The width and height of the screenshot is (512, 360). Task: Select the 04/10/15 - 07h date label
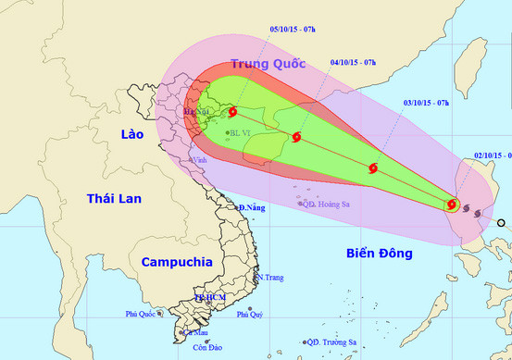[x=353, y=63]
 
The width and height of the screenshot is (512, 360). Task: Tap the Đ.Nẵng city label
[x=252, y=208]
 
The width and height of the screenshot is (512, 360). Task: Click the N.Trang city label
[x=270, y=278]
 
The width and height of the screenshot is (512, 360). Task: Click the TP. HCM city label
[x=210, y=296]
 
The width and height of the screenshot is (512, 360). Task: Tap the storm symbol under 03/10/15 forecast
[x=373, y=168]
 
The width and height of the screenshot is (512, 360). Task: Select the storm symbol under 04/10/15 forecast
[x=296, y=138]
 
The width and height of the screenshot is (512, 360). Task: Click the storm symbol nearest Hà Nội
[x=232, y=113]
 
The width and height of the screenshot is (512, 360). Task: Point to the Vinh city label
[x=200, y=159]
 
